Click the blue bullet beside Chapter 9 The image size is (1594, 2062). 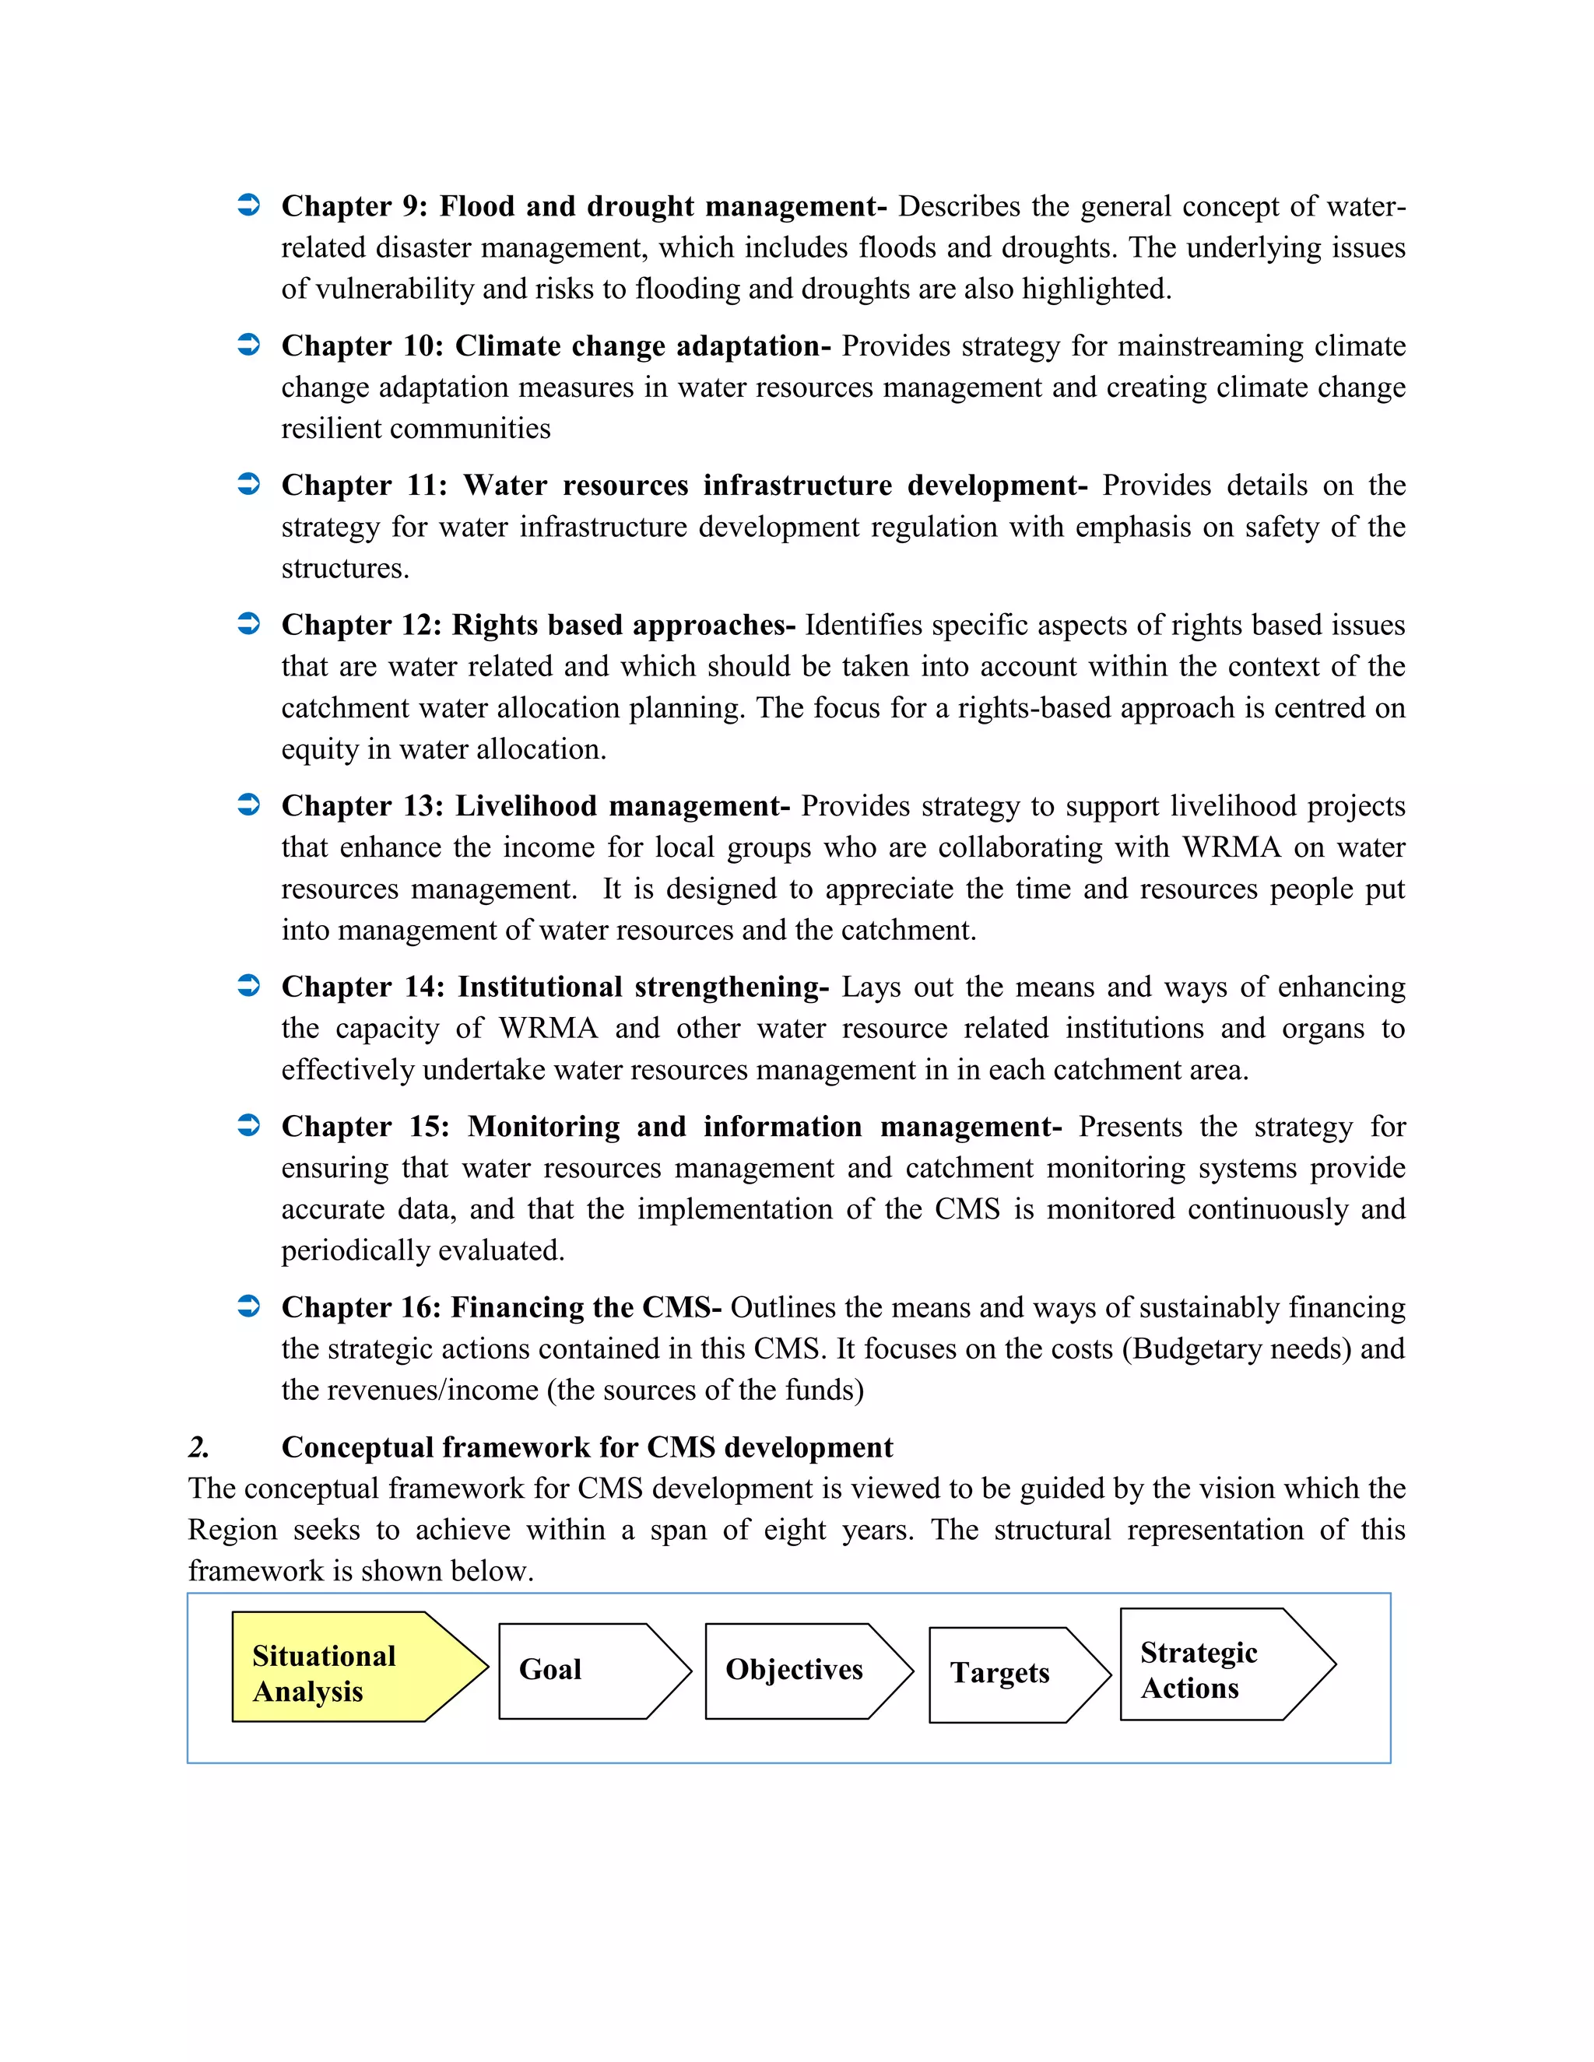(248, 206)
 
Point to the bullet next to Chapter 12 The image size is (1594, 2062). (248, 624)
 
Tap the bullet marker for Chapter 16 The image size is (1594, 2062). (248, 1306)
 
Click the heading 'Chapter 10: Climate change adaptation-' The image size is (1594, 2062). (555, 345)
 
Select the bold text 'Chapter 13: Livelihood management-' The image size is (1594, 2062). (535, 805)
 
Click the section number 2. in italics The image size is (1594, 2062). (198, 1447)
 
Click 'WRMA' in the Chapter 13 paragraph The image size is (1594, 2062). (1231, 847)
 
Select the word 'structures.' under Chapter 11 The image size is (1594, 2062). (345, 568)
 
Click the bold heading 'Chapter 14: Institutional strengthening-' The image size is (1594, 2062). (554, 987)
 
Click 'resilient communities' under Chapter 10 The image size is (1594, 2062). (416, 429)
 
